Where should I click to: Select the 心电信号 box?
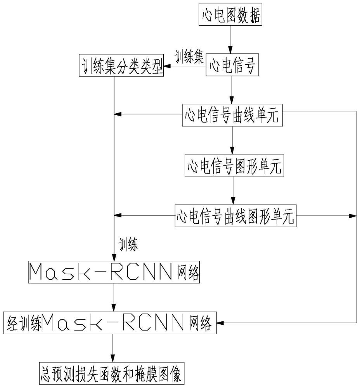point(232,66)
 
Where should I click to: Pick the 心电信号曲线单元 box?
point(232,115)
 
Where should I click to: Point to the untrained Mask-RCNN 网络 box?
point(115,274)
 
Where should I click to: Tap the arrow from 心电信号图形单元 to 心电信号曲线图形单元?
point(232,192)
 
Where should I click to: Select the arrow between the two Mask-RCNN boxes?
point(113,298)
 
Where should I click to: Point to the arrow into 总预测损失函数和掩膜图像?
point(112,348)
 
